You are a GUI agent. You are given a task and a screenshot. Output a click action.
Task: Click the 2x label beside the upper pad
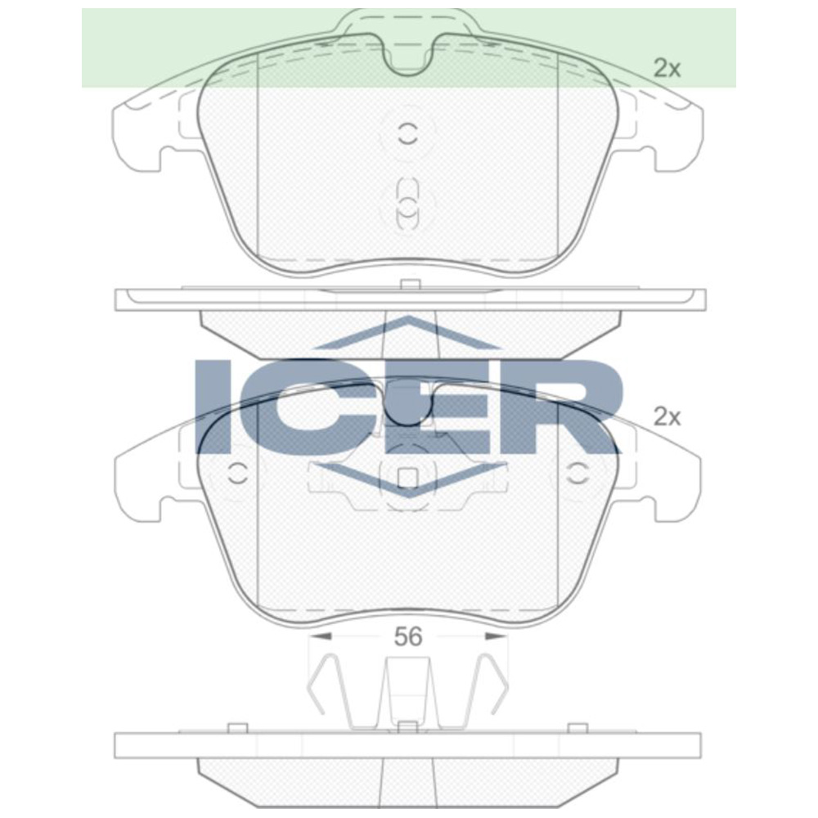tap(667, 69)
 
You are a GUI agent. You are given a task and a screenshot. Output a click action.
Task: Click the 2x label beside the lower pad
tap(667, 417)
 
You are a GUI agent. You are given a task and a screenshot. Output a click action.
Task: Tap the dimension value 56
tap(407, 637)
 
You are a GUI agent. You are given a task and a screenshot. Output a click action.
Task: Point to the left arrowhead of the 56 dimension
tap(320, 636)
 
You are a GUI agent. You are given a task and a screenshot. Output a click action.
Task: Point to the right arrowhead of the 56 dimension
tap(496, 636)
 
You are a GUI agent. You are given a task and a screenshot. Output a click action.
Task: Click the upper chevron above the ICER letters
tap(407, 335)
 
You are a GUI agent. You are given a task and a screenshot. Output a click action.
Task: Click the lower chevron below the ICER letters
tap(407, 483)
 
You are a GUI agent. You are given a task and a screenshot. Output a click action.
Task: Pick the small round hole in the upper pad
tap(407, 134)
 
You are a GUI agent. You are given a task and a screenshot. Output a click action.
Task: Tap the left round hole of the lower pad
tap(238, 473)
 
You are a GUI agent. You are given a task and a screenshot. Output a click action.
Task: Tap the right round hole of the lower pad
tap(578, 473)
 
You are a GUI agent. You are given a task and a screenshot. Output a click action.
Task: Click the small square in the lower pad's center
tap(407, 476)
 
